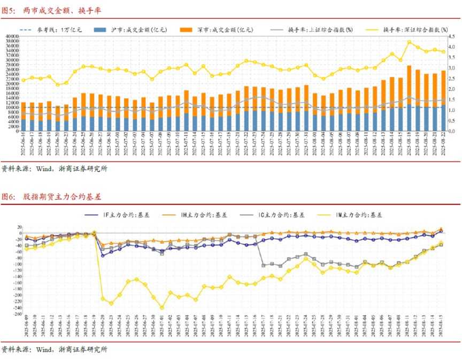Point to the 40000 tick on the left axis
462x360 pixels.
click(x=12, y=36)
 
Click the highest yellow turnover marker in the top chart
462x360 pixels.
click(x=409, y=42)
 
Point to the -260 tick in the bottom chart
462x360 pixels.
click(x=17, y=314)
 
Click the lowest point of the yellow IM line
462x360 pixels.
click(x=162, y=308)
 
